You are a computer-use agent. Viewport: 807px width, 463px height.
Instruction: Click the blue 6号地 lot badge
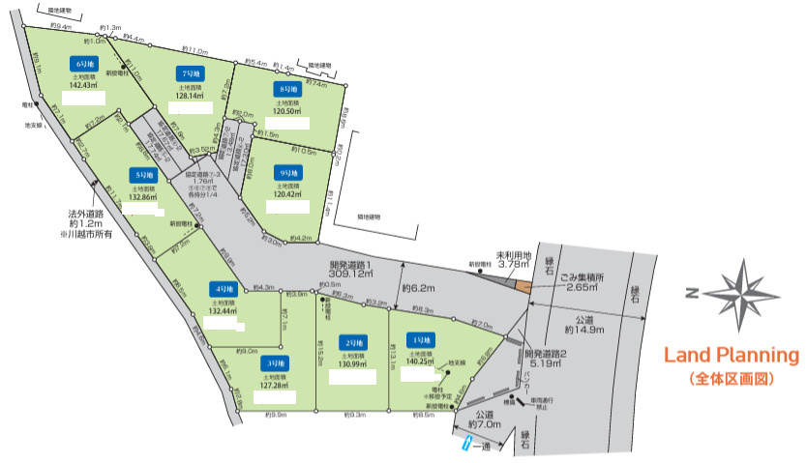[81, 63]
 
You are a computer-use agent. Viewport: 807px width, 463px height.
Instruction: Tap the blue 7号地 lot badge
[189, 73]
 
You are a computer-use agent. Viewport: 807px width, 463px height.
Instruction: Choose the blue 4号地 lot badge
[223, 288]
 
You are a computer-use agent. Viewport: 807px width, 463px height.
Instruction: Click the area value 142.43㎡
[84, 86]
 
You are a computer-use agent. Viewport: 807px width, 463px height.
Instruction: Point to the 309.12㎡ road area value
[351, 274]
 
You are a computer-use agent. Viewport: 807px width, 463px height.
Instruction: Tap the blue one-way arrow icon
[468, 444]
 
